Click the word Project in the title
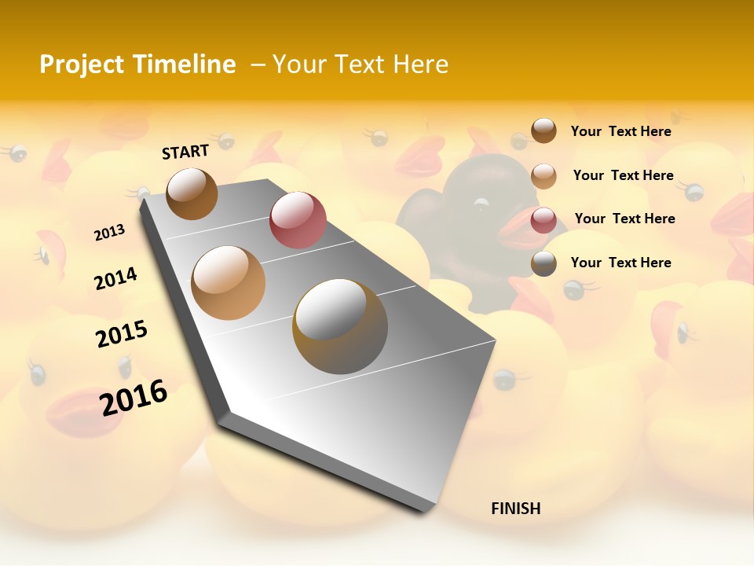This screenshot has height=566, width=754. coord(80,64)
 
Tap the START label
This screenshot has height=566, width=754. coord(185,152)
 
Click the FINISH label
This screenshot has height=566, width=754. coord(515,509)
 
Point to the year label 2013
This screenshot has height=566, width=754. coord(109,233)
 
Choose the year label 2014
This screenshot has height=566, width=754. coord(115,278)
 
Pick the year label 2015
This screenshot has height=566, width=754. coord(122,333)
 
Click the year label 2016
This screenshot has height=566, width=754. coord(134,397)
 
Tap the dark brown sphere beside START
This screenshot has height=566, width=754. coord(192,193)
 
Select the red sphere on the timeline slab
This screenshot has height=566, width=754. coord(298,220)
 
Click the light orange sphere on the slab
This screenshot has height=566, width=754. coord(229,283)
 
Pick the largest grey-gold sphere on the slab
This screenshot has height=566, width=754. coord(340,326)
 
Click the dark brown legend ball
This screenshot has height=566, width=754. coord(544,130)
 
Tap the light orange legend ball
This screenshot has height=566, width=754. coord(544,175)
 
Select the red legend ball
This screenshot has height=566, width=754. coord(544,219)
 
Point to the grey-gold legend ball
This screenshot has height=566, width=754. coord(544,263)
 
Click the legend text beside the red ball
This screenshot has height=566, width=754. coord(624,219)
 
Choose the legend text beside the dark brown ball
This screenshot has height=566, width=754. coord(620,131)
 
